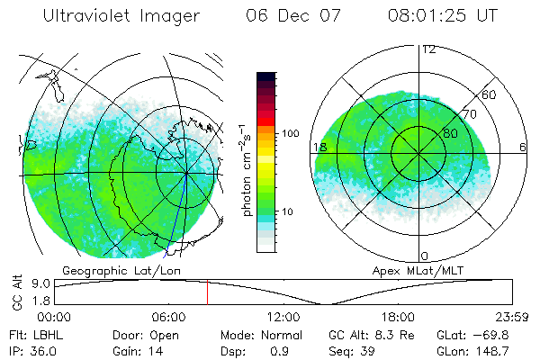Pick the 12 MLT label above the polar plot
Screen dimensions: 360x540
(427, 49)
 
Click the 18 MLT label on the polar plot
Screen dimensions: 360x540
(319, 147)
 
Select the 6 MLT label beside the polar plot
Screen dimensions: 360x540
(523, 147)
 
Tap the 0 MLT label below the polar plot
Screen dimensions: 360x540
(425, 256)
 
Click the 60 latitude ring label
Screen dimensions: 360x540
(490, 94)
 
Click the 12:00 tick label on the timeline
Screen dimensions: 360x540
(283, 317)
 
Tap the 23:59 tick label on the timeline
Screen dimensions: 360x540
(509, 317)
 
